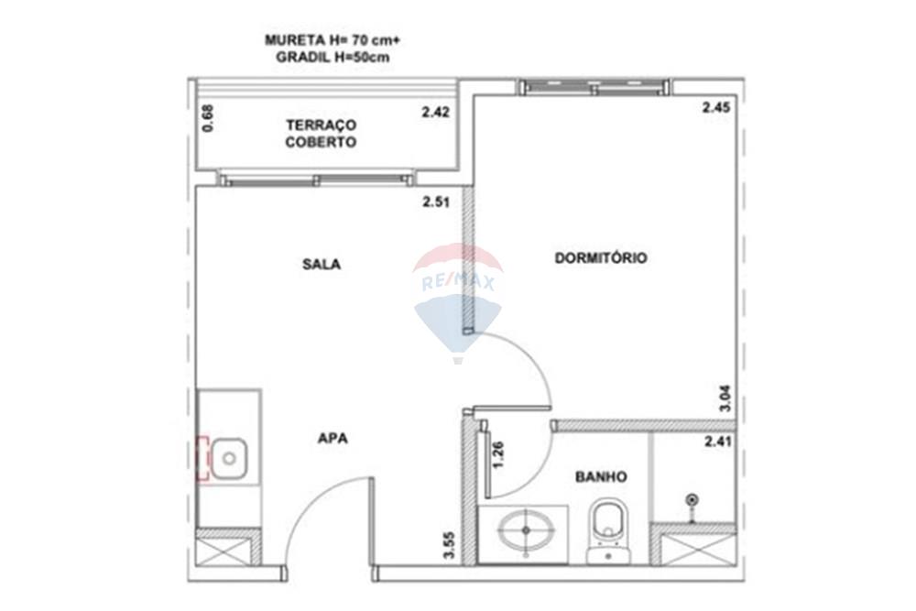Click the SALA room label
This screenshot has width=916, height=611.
pos(322,264)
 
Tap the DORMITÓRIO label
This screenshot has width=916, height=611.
pos(601,258)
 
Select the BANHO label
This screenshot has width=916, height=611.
pos(601,476)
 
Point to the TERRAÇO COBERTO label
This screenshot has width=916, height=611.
pos(321,134)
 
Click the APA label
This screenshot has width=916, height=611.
pos(333,438)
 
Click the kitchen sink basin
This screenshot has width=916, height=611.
pos(229,456)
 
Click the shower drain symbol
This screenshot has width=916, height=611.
pos(693,499)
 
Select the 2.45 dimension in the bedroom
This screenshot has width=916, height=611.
pos(715,107)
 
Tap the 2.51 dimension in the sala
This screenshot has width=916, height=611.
pos(435,202)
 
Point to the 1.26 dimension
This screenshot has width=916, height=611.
pos(498,455)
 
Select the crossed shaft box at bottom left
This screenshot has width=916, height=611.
pos(224,551)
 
